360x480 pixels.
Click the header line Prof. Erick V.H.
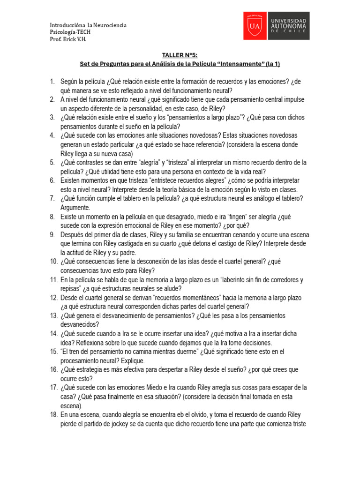[68, 39]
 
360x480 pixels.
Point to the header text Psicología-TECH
[70, 32]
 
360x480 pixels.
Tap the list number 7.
[52, 198]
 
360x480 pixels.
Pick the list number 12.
[53, 298]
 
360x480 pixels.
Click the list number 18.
[53, 415]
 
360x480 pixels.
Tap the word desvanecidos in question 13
[79, 324]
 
